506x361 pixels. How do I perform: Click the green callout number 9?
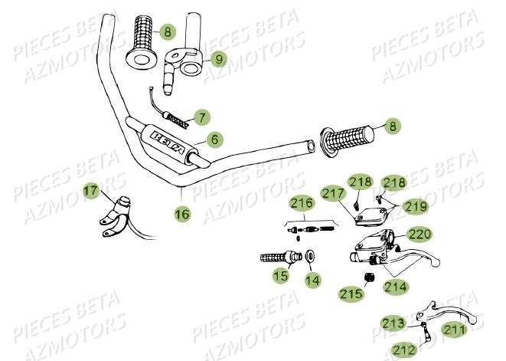click(218, 58)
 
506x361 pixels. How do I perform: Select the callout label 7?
click(202, 118)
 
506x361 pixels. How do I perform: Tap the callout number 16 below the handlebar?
click(181, 215)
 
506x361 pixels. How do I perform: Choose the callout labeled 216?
click(301, 203)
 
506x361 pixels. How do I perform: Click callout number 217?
click(333, 194)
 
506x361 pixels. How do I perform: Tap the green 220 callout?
click(420, 234)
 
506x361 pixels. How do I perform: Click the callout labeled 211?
click(455, 331)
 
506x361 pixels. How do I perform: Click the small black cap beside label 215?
click(368, 277)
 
